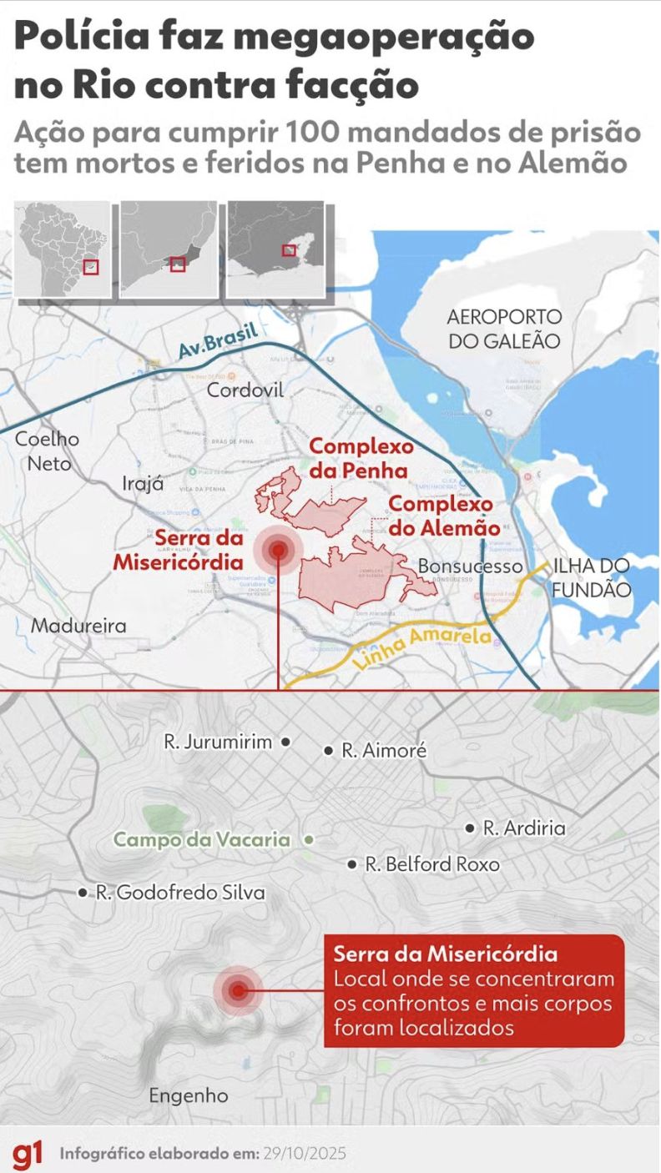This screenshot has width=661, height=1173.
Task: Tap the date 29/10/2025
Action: coord(304,1154)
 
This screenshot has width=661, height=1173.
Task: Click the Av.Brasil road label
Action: coord(218,340)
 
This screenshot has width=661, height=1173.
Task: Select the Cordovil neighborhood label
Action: coord(245,390)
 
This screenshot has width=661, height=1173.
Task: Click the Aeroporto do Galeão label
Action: coord(504,329)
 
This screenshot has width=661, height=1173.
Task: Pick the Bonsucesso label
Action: coord(457,566)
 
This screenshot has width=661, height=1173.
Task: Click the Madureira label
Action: coord(78,625)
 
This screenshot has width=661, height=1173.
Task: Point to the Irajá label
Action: coord(143,484)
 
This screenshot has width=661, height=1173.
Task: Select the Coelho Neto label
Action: coord(48,451)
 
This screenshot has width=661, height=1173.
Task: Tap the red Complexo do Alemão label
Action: coord(444,516)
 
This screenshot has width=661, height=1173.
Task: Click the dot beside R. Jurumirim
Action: coord(285,741)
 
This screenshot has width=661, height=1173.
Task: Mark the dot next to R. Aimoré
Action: coord(329,751)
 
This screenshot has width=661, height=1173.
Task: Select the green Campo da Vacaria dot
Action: coord(309,839)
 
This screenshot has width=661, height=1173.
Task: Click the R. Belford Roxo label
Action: coord(431,864)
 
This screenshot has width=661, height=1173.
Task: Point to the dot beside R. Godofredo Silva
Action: coord(82,892)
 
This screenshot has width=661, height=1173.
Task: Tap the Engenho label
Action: coord(188,1095)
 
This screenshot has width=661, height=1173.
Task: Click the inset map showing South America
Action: coord(63,249)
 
